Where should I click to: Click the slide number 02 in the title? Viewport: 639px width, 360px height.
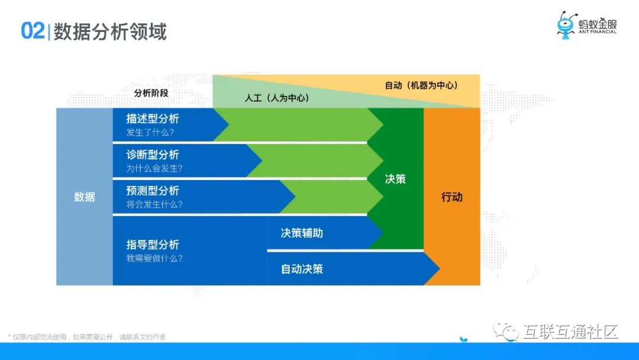coord(33,31)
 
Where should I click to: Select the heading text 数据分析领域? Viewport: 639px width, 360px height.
coord(110,31)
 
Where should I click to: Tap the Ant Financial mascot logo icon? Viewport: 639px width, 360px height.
coord(566,25)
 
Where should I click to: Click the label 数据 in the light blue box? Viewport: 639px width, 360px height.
coord(85,197)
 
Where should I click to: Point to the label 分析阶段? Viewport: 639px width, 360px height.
coord(151,93)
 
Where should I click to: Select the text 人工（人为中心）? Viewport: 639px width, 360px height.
coord(277,98)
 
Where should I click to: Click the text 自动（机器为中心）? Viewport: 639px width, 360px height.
coord(421,85)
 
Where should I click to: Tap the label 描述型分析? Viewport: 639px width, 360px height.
coord(153,118)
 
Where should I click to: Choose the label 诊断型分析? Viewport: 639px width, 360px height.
coord(153,155)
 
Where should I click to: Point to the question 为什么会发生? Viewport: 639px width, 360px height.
coord(154,168)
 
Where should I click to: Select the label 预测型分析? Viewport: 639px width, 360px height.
coord(153,191)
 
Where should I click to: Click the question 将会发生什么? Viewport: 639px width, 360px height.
coord(154,204)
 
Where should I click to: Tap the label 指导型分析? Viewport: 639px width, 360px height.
coord(153,245)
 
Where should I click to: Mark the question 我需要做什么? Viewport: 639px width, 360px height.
coord(154,258)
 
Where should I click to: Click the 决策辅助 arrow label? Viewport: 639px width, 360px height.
coord(302,233)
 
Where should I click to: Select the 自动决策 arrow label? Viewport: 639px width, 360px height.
coord(302,269)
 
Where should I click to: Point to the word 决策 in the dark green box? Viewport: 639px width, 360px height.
coord(395,179)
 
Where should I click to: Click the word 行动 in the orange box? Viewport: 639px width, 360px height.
coord(452,197)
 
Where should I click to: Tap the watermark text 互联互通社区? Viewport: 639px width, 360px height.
coord(570,332)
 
